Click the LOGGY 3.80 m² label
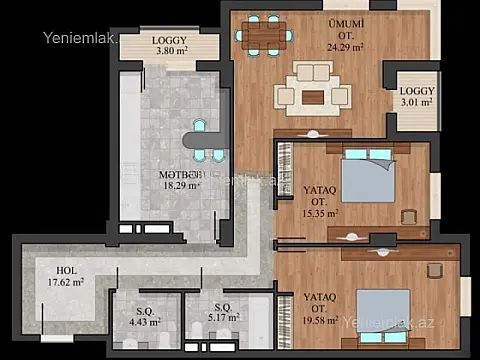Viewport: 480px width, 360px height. (x=177, y=46)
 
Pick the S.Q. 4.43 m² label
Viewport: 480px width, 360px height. (x=145, y=315)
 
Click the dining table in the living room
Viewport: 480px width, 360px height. (x=265, y=36)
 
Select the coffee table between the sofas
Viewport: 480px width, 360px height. (x=314, y=97)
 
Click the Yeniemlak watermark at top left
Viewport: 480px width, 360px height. (x=78, y=39)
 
